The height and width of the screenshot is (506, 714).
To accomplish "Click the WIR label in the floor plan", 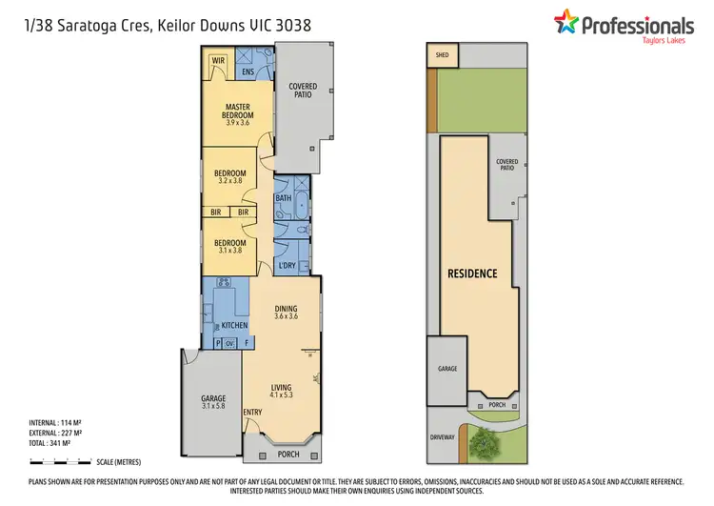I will tap(218, 60).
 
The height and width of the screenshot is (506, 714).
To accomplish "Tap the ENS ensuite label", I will tap(248, 71).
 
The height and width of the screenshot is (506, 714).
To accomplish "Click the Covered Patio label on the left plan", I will tap(302, 91).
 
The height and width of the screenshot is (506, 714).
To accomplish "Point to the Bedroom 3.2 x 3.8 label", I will tap(230, 177).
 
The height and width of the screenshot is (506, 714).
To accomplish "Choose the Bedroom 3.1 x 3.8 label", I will tap(230, 246).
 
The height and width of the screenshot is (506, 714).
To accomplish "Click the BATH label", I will tap(283, 198).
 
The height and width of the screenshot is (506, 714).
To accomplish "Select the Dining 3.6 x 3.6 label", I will tap(287, 312).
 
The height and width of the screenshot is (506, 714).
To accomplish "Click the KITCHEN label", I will tap(234, 325).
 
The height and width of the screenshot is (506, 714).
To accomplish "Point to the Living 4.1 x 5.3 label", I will tap(281, 392).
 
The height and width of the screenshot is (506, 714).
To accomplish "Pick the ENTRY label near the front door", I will tap(252, 412).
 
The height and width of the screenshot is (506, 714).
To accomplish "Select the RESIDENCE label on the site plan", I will tap(472, 273).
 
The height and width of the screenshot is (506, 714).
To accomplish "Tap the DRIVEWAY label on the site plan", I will tap(443, 437).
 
